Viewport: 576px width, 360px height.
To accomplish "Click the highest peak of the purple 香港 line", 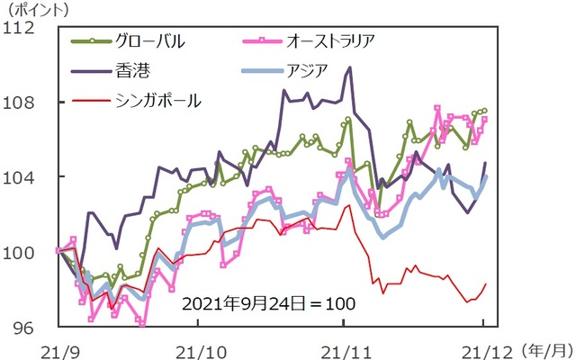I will [349, 67].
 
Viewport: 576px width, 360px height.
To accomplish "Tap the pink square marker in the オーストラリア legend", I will [261, 41].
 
